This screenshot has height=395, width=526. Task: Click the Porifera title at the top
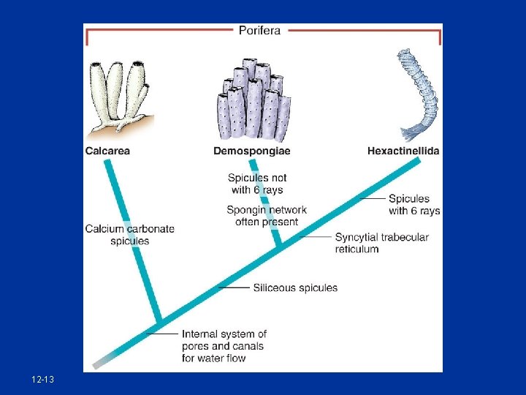(259, 30)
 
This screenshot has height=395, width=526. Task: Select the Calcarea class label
(107, 151)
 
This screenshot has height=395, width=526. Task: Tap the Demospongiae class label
(251, 151)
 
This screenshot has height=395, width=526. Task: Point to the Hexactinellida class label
(403, 151)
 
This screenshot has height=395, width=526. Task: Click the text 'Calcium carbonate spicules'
(130, 234)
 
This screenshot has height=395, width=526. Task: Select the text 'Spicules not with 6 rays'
(257, 184)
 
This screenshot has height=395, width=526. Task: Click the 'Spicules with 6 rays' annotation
(414, 204)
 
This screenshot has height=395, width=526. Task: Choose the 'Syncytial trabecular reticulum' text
(381, 243)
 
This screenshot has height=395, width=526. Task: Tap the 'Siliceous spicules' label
(295, 287)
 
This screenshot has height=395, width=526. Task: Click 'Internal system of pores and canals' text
(224, 346)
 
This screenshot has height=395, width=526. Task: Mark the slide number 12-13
(42, 380)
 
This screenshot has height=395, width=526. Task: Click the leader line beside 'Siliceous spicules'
(234, 287)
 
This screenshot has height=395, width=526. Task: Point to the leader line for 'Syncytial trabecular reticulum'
(316, 237)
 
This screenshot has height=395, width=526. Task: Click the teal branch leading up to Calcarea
(131, 241)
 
